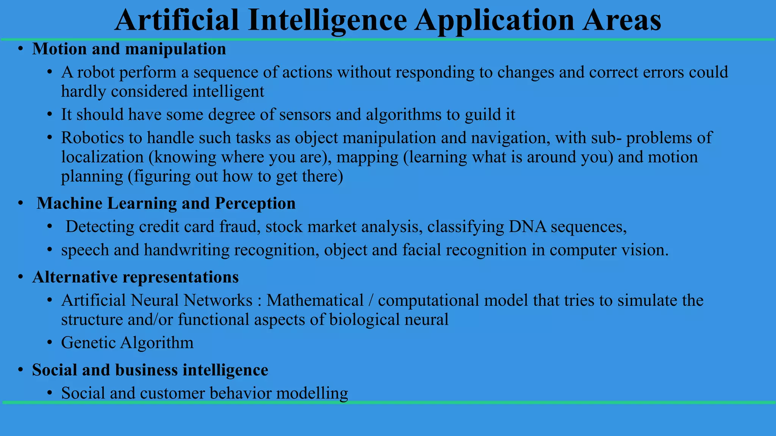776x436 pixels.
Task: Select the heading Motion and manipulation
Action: (x=129, y=49)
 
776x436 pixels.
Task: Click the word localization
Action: (x=102, y=157)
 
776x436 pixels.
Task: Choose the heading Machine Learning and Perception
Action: (x=166, y=204)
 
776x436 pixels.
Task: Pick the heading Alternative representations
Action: (x=135, y=277)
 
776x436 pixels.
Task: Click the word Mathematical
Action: (x=314, y=301)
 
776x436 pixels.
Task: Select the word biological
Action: (x=364, y=320)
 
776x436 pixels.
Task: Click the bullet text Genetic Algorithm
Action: (x=127, y=343)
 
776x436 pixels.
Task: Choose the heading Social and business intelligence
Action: (x=150, y=370)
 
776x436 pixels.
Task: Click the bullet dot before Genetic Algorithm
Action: (x=50, y=343)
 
